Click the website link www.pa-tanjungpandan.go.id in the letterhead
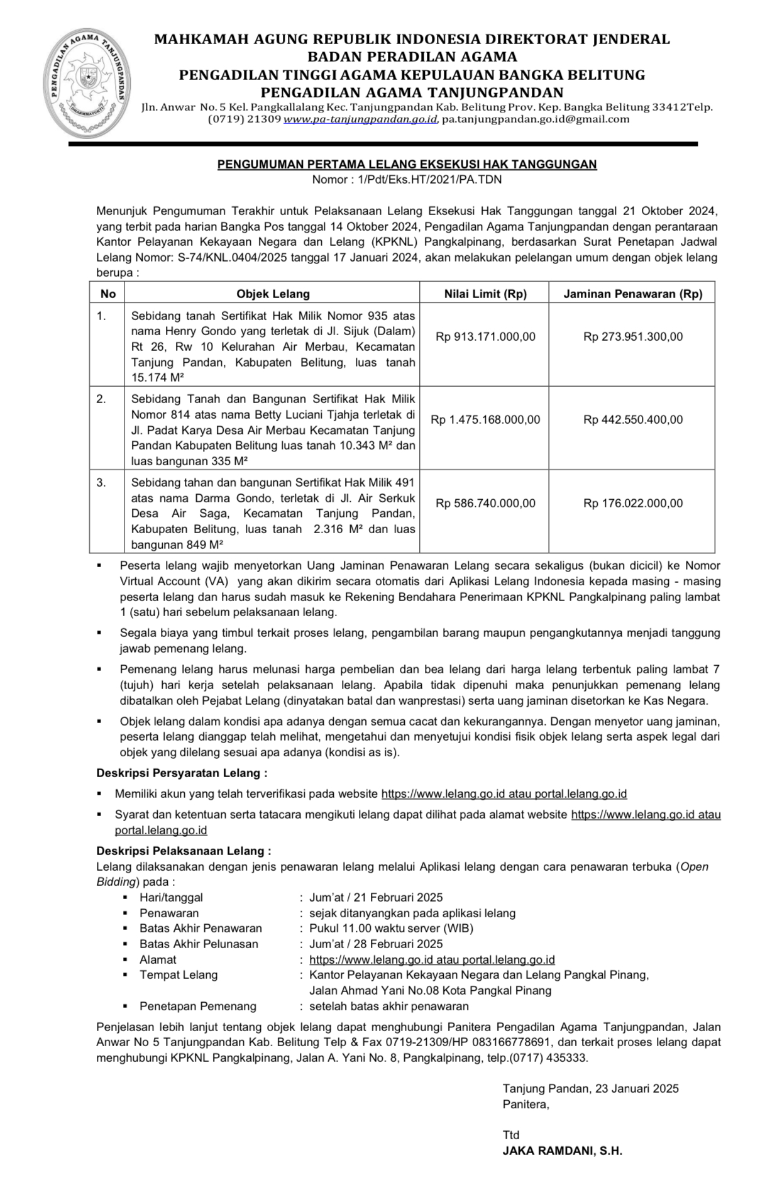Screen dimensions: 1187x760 pyautogui.click(x=360, y=119)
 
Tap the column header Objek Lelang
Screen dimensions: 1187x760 pyautogui.click(x=273, y=294)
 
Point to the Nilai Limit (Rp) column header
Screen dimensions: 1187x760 pyautogui.click(x=485, y=294)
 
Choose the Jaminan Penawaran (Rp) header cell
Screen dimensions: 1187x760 pyautogui.click(x=632, y=294)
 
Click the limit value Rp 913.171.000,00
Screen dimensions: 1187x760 pyautogui.click(x=485, y=337)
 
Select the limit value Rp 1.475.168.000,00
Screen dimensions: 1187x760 pyautogui.click(x=485, y=420)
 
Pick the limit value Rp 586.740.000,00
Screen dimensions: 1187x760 pyautogui.click(x=485, y=504)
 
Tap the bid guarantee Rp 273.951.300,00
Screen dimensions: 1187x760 pyautogui.click(x=632, y=337)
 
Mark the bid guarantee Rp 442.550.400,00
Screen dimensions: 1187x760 pyautogui.click(x=632, y=420)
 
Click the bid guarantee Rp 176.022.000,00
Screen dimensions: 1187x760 pyautogui.click(x=632, y=504)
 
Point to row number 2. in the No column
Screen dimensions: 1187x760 pyautogui.click(x=101, y=399)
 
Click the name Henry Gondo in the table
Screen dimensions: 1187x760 pyautogui.click(x=198, y=331)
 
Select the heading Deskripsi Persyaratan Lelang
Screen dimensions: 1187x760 pyautogui.click(x=181, y=773)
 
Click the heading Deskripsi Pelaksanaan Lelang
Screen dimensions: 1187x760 pyautogui.click(x=184, y=851)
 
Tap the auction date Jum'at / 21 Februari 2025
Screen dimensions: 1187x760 pyautogui.click(x=376, y=898)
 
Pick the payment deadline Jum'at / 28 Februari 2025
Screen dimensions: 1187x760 pyautogui.click(x=376, y=944)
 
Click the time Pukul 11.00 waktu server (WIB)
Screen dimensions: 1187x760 pyautogui.click(x=391, y=929)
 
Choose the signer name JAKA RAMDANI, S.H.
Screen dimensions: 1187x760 pyautogui.click(x=562, y=1151)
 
